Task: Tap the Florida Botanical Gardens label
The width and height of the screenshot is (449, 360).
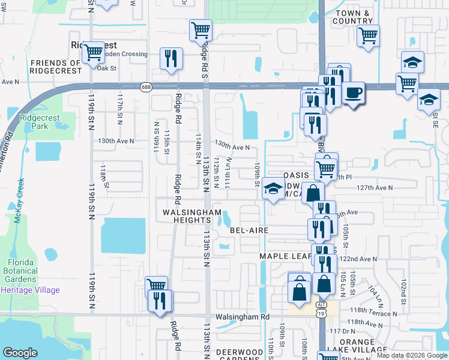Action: pos(29,271)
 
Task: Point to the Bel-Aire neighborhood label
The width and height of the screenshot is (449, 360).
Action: pos(249,230)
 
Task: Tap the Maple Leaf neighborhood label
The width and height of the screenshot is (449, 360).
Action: pos(285,256)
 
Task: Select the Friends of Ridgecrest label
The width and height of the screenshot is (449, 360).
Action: pos(56,67)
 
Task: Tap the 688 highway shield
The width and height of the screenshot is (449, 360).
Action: pos(145,87)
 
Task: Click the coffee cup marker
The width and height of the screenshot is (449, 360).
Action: pos(354,93)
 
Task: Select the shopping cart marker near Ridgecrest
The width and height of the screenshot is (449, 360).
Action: pos(93,52)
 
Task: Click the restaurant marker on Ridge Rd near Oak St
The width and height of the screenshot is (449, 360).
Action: pos(171,58)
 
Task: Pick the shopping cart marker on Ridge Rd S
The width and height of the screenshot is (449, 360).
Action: pos(200,29)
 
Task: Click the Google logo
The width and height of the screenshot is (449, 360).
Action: pos(20,353)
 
